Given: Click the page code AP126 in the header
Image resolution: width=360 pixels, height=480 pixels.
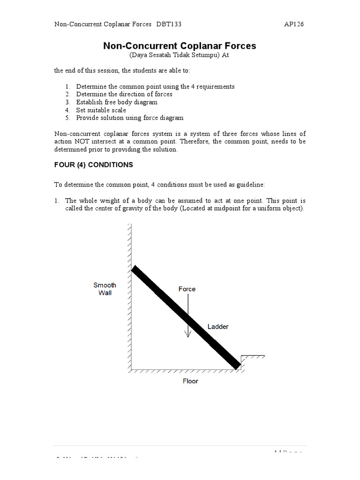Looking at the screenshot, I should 294,24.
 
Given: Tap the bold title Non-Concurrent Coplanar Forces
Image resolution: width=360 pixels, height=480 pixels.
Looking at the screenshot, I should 180,46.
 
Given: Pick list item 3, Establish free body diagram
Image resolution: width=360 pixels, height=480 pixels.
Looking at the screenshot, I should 117,102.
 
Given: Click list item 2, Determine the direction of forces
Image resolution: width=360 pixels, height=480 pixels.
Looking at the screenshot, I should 124,94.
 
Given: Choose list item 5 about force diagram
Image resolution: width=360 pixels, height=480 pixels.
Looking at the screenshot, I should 130,118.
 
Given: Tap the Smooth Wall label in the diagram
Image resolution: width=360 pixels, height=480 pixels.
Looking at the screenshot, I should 105,289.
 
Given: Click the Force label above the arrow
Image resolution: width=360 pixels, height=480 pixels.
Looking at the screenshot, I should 187,289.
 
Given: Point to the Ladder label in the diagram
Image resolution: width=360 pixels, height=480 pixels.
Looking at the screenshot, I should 218,326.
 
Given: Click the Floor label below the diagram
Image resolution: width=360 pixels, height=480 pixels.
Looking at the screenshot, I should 190,381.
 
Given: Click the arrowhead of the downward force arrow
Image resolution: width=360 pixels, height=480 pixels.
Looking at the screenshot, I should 187,335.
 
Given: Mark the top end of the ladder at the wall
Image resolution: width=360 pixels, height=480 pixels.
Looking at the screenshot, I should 134,269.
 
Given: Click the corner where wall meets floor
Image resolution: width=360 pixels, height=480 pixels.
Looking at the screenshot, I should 131,369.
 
